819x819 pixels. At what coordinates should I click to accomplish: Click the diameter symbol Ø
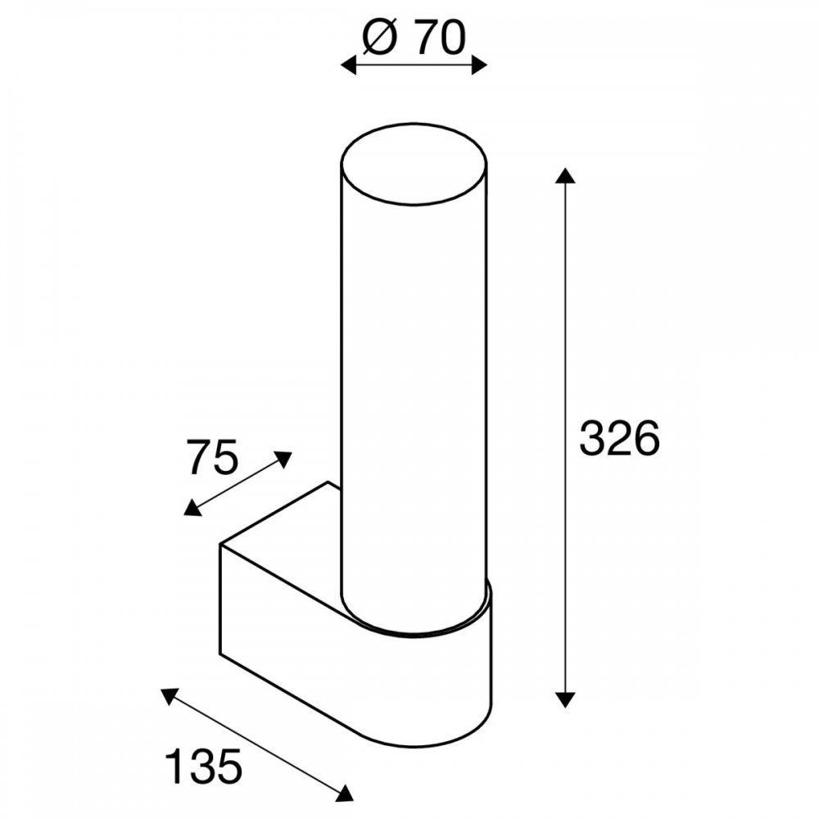[x=380, y=38]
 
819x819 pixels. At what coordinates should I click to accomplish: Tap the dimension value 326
[x=619, y=437]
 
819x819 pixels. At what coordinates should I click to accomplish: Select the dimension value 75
[x=213, y=457]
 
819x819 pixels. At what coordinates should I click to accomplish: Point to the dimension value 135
[x=204, y=767]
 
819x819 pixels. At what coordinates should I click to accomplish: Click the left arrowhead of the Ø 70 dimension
[x=348, y=66]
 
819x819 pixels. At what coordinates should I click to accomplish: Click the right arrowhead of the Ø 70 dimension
[x=479, y=66]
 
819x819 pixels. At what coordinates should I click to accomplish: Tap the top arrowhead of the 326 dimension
[x=565, y=176]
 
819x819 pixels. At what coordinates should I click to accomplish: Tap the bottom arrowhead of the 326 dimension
[x=565, y=699]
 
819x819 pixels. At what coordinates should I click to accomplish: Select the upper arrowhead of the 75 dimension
[x=283, y=459]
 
